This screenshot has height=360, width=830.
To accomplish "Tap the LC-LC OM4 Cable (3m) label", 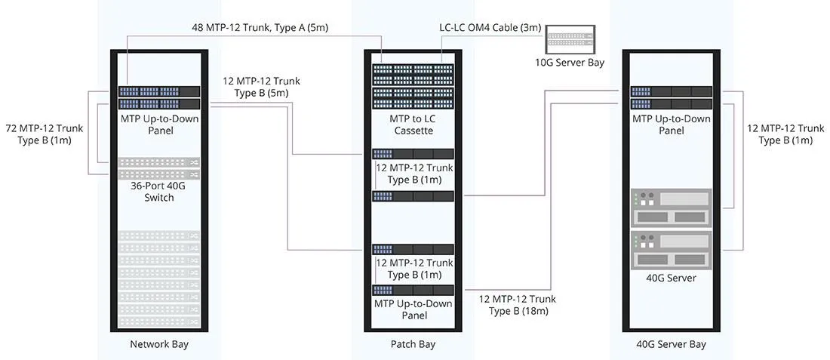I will (x=490, y=28).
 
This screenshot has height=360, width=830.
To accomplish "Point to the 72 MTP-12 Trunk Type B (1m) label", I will (x=45, y=134).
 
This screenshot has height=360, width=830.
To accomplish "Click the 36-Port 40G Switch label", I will (x=158, y=192).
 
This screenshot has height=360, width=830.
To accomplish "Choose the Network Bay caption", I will (x=158, y=345).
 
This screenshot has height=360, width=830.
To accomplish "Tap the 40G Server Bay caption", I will (x=672, y=345).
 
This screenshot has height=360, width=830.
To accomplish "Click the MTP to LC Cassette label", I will (x=411, y=125).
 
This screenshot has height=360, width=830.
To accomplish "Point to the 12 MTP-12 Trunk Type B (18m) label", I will (x=518, y=305).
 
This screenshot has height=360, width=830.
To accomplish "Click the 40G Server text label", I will (x=672, y=278).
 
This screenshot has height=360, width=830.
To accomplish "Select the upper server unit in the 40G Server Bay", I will (x=672, y=208).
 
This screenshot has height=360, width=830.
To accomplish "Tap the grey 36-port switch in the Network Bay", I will (x=158, y=163).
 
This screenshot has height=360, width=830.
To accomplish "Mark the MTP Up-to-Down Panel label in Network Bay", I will (x=158, y=125).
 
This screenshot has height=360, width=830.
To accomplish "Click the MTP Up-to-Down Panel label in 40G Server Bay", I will (x=672, y=125).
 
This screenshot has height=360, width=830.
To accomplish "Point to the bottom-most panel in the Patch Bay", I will (x=413, y=291).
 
